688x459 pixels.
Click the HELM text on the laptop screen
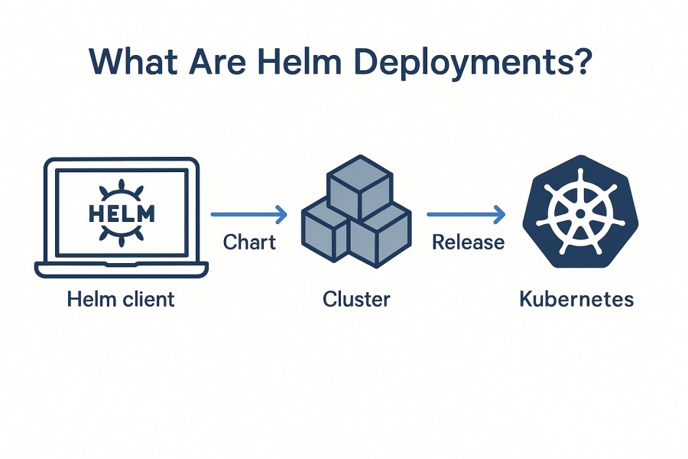point(122,212)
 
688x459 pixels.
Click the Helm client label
point(121,298)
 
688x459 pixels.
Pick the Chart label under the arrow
point(249,243)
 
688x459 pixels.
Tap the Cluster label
point(356,298)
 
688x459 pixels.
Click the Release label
point(468,243)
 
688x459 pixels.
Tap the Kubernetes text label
point(576,298)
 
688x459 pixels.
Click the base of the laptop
point(121,269)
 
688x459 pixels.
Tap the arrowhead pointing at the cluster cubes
point(281,216)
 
